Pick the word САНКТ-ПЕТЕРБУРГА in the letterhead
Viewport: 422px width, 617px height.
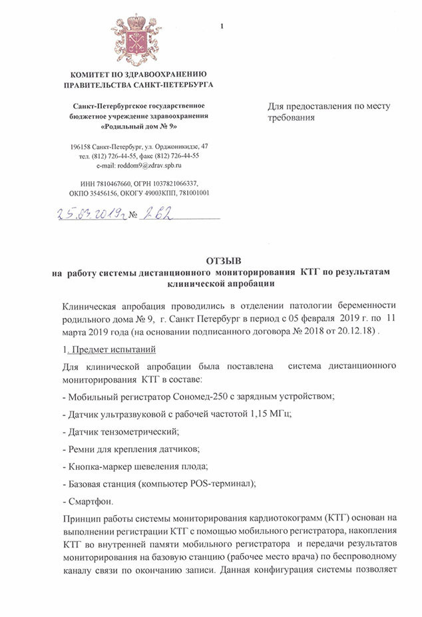175,85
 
